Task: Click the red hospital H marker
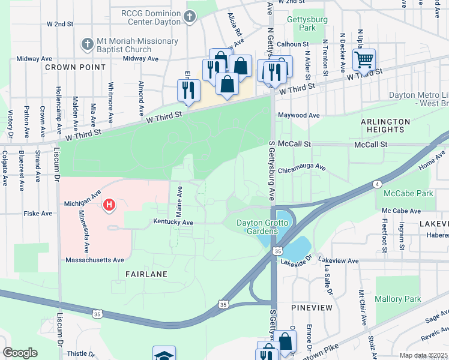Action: tap(109, 206)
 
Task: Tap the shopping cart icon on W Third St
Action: tap(364, 59)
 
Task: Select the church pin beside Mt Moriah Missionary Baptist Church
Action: tap(86, 44)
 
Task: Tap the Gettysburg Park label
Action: tap(301, 23)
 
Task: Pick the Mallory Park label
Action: tap(397, 299)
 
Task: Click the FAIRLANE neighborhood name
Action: tap(146, 274)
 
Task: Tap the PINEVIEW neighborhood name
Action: tap(312, 307)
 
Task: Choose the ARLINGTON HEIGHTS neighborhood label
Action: tap(385, 125)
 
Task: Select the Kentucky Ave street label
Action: tap(173, 223)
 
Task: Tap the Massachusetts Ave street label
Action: tap(95, 260)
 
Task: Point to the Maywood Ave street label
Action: tap(298, 115)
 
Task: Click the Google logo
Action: tap(20, 353)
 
